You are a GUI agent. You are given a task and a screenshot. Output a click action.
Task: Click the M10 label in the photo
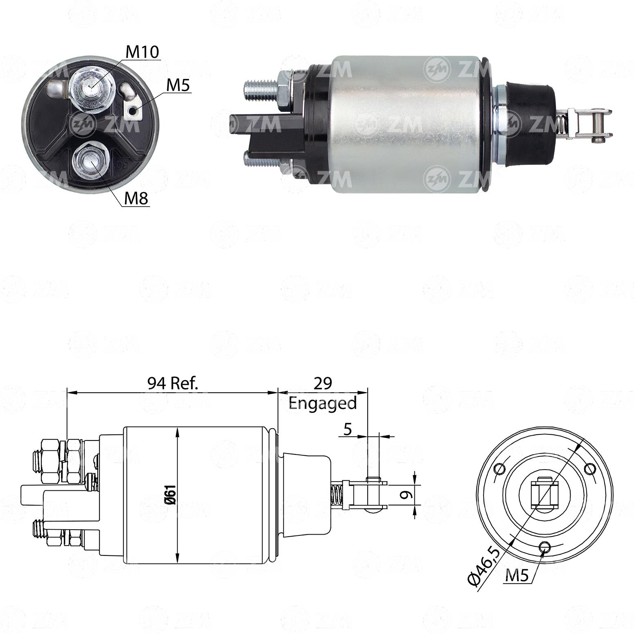[x=142, y=52]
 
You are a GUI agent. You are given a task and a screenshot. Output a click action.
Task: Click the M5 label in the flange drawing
[x=517, y=576]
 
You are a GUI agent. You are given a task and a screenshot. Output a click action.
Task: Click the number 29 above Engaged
[x=322, y=383]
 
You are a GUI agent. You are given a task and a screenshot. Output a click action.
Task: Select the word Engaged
[x=322, y=403]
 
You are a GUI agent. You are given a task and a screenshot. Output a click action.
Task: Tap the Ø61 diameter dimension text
[x=171, y=495]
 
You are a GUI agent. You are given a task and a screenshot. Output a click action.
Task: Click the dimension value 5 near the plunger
[x=348, y=429]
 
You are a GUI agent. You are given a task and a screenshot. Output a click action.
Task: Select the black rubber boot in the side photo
[x=531, y=123]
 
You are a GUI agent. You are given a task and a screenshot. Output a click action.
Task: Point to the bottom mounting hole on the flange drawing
[x=544, y=547]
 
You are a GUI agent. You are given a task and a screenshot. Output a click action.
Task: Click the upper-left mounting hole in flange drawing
[x=499, y=469]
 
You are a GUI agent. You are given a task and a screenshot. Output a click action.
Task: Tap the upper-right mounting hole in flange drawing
[x=589, y=469]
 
